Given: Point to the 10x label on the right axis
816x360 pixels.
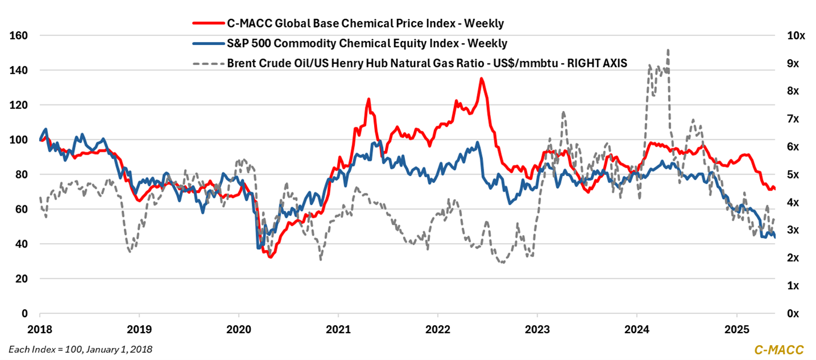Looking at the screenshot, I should (795, 35).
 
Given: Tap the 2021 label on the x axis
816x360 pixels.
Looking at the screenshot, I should (338, 329).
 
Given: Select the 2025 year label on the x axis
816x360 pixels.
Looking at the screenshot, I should (736, 329).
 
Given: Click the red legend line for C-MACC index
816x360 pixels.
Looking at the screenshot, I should (208, 23).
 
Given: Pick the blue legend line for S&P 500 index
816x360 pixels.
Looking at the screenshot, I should (208, 43).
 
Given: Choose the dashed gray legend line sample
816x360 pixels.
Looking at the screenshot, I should (208, 63).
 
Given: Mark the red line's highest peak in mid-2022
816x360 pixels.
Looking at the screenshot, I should (481, 79).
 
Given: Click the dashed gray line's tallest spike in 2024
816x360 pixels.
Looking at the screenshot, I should (667, 50).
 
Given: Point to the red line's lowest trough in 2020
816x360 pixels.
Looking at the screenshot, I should (270, 257).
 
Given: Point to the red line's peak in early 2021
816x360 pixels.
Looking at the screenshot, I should (368, 99).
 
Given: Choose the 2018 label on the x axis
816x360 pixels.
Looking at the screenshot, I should (40, 329).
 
